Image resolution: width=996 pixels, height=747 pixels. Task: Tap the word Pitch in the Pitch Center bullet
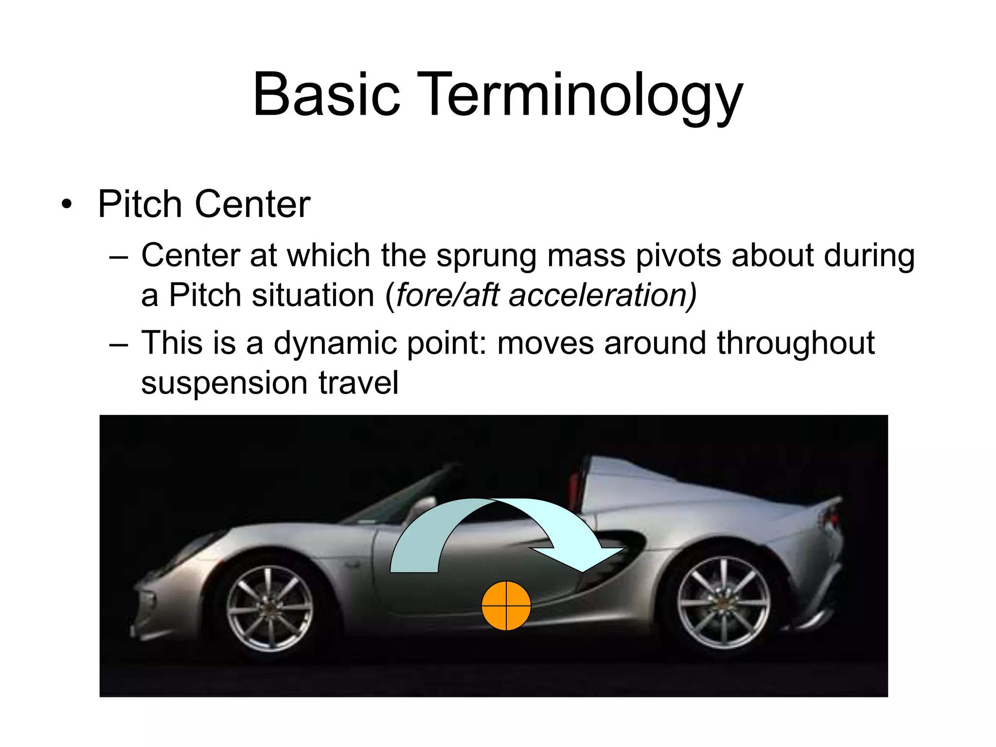click(140, 204)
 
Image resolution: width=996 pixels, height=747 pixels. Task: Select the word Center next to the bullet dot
click(252, 204)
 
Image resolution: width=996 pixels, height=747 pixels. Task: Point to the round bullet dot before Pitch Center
click(67, 205)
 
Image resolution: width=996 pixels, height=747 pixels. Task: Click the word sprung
click(486, 256)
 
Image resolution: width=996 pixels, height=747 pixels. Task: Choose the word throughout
click(796, 342)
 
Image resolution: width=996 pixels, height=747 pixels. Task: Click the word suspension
click(224, 383)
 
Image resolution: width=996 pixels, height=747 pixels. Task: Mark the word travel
click(358, 382)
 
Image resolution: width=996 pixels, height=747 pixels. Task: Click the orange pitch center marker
click(506, 605)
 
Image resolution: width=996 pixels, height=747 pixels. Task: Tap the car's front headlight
click(195, 550)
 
